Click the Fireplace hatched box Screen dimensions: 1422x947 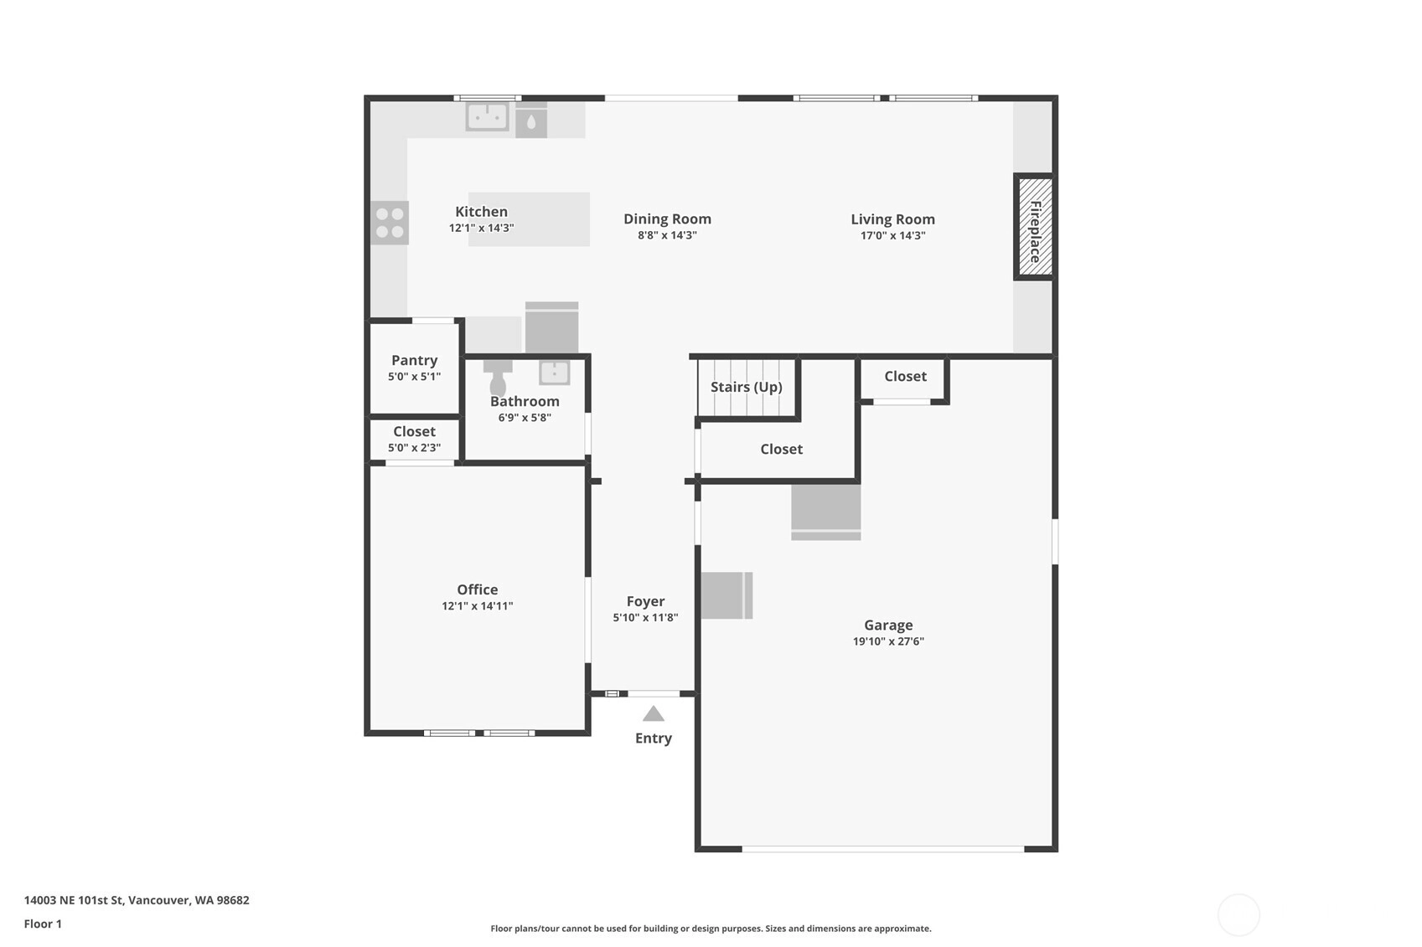(1035, 226)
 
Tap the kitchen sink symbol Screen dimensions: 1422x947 (488, 116)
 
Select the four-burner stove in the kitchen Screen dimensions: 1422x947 (390, 223)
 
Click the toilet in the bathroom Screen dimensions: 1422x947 (498, 378)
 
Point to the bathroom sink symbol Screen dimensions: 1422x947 (554, 373)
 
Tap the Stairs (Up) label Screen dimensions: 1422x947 (746, 387)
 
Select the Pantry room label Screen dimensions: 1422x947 (415, 360)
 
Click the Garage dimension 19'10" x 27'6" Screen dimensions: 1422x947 (888, 641)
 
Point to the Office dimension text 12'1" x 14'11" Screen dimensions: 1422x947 (478, 605)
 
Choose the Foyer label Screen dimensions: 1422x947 (645, 601)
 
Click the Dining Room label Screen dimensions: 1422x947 (667, 219)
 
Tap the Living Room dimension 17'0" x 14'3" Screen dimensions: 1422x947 (892, 235)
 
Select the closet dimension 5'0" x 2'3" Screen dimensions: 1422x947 (415, 448)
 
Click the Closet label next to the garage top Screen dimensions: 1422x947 (905, 376)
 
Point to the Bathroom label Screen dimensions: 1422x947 (525, 402)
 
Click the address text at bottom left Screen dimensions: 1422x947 (137, 900)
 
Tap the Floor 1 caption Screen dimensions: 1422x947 (44, 924)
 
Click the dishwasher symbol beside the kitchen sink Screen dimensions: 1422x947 (531, 121)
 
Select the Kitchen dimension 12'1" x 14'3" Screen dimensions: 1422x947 (481, 228)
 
